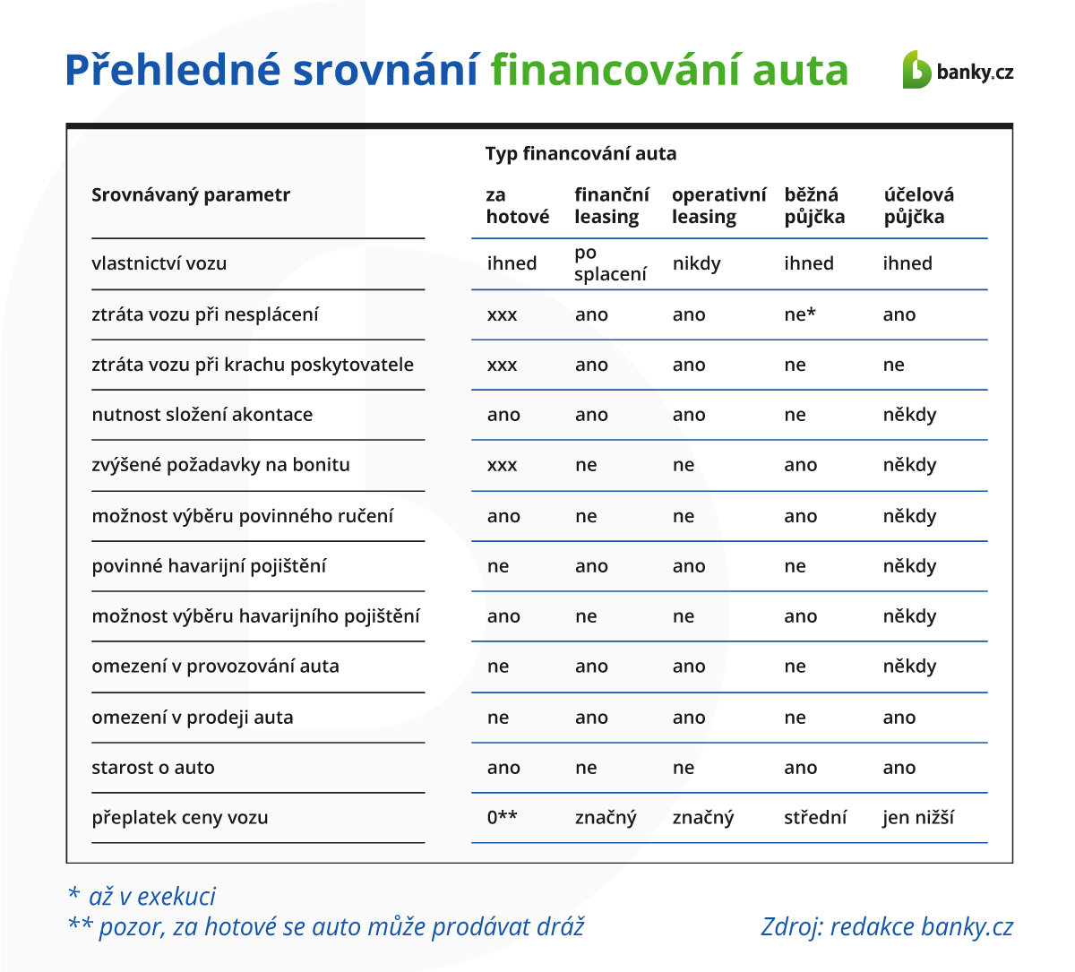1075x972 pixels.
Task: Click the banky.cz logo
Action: click(958, 71)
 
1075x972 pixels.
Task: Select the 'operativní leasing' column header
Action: click(718, 206)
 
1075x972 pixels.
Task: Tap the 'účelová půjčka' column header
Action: click(918, 206)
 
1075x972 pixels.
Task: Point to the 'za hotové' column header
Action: click(517, 206)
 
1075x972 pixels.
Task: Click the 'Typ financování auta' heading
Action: click(580, 154)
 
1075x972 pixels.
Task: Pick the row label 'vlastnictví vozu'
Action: click(159, 263)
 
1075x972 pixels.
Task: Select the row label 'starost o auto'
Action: click(153, 768)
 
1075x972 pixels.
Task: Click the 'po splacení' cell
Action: click(609, 263)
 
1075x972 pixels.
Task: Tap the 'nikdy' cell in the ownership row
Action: click(696, 263)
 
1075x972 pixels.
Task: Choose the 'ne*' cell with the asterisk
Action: click(800, 314)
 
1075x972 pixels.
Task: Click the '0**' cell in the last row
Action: click(502, 818)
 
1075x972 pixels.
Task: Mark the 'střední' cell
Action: click(814, 818)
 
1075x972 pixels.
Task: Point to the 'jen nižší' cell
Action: click(917, 818)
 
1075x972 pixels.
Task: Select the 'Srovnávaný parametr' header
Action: click(191, 195)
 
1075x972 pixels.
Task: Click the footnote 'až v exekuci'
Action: click(151, 897)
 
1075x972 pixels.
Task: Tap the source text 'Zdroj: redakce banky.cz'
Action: click(887, 927)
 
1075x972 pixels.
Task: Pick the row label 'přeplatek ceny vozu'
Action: click(179, 818)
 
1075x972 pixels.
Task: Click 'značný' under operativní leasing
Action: click(702, 818)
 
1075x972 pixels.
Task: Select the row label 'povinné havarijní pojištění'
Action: click(209, 566)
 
